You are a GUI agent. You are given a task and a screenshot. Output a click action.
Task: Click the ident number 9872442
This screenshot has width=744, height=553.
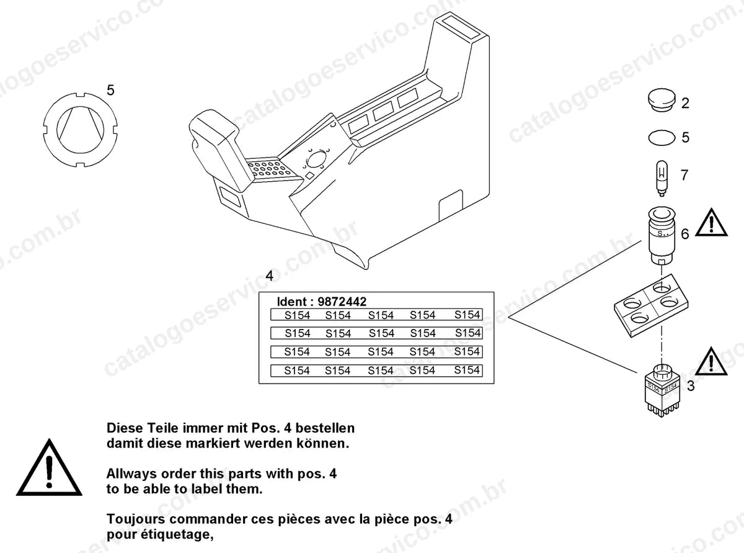click(342, 302)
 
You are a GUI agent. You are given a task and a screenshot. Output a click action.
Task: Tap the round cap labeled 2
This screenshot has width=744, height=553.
click(661, 100)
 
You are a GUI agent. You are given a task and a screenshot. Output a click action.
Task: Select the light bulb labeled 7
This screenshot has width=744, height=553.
click(662, 178)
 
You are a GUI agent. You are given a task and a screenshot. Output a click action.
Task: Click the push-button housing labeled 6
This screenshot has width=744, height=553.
click(662, 236)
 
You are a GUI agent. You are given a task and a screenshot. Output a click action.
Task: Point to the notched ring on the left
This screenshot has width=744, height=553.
click(81, 130)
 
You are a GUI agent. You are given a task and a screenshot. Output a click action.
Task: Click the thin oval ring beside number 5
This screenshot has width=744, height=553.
click(662, 138)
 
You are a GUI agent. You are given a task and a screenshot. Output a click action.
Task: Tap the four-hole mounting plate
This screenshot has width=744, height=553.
click(652, 305)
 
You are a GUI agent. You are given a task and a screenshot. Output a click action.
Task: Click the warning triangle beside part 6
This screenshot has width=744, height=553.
click(711, 223)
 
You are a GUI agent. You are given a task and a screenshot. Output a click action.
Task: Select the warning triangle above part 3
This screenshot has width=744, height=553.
click(711, 362)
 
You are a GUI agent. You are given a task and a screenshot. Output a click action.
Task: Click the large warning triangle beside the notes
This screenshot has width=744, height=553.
click(49, 468)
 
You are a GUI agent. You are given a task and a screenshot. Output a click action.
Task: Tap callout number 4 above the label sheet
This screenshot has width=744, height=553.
click(269, 276)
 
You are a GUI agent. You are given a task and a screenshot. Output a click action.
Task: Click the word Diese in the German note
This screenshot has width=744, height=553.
click(124, 428)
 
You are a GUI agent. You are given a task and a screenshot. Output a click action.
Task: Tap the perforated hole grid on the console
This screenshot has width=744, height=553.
click(270, 169)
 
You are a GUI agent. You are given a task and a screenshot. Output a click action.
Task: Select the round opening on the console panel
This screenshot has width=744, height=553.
click(316, 159)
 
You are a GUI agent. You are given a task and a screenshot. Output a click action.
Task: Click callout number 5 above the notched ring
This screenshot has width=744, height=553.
click(110, 90)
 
